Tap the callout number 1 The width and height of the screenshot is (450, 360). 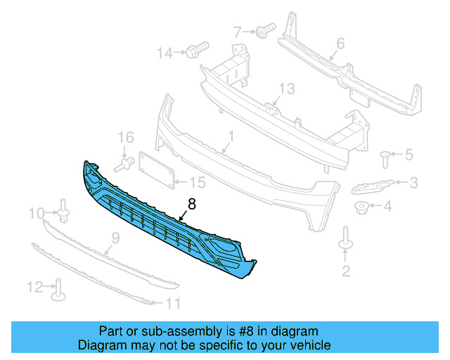(x=230, y=134)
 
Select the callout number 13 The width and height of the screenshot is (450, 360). (x=286, y=89)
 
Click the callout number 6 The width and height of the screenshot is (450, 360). (x=340, y=44)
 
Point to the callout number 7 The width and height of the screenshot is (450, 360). (x=237, y=31)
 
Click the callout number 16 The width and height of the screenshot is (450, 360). (x=124, y=136)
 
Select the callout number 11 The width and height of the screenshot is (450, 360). (x=173, y=304)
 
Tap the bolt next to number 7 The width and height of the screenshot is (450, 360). (x=264, y=30)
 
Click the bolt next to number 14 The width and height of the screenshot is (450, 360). (x=195, y=51)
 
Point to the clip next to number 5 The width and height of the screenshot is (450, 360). (x=385, y=155)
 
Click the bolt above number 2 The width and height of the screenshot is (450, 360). (x=345, y=238)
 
